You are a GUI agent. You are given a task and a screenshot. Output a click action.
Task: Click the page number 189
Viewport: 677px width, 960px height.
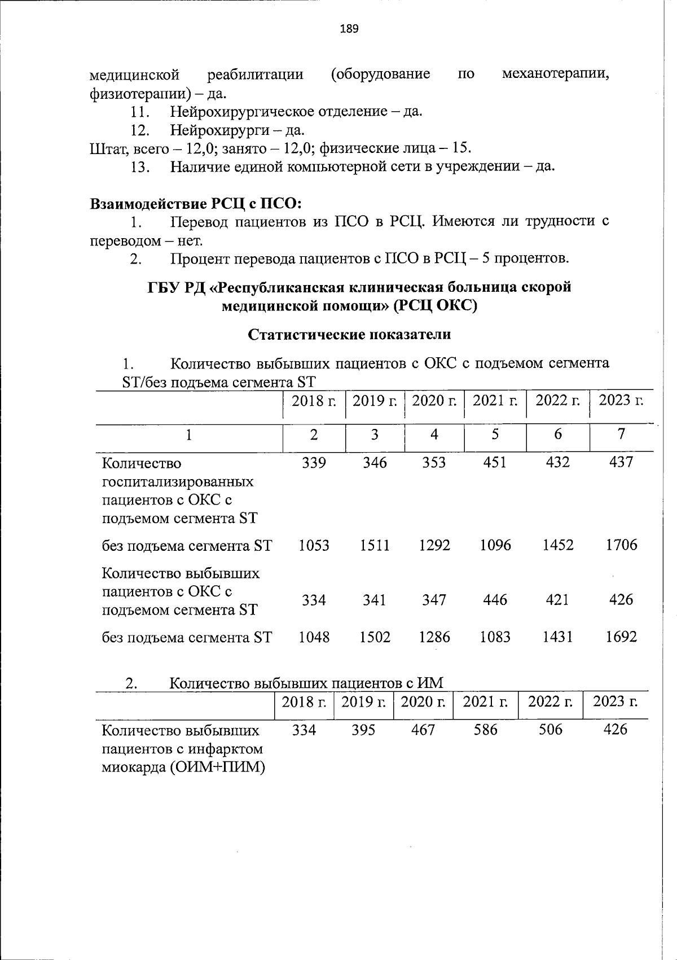[349, 29]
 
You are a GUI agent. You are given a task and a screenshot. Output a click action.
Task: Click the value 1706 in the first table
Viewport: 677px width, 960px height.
[621, 545]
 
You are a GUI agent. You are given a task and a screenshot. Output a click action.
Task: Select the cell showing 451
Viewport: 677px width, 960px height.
[495, 462]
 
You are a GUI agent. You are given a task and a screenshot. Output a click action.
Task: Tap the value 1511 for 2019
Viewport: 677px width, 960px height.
[375, 545]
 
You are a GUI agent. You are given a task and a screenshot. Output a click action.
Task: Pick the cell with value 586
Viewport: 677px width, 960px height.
[486, 730]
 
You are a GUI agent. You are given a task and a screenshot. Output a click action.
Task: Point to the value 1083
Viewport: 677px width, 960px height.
[495, 637]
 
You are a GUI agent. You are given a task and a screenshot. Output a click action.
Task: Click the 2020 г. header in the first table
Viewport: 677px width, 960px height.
[434, 401]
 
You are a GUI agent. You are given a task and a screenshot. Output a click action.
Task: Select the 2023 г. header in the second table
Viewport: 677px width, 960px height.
[615, 702]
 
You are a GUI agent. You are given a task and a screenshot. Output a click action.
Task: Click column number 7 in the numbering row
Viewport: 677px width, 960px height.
[621, 433]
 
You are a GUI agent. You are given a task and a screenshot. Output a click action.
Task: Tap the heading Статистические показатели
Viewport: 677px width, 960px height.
[349, 334]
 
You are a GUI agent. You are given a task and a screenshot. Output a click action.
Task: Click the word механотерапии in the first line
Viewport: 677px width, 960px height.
[555, 74]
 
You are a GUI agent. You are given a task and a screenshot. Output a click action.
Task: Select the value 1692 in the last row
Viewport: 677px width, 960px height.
[621, 637]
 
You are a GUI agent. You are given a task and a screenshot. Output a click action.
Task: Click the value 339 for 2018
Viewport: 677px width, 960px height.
[314, 462]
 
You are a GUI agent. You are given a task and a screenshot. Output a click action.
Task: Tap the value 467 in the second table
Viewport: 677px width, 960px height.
[423, 730]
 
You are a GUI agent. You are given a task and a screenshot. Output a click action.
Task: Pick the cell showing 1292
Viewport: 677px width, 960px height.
[434, 545]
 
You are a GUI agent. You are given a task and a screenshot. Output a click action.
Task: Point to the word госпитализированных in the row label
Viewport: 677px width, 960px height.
[177, 482]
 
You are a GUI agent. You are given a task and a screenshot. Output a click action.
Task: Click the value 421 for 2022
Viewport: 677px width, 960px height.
[557, 599]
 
